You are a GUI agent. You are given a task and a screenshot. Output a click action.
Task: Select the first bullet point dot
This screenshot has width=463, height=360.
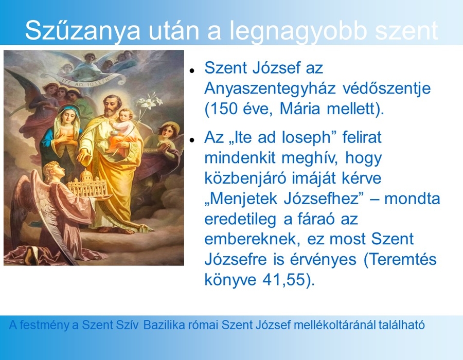pyautogui.click(x=192, y=71)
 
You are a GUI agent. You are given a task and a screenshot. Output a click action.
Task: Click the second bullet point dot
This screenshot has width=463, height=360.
pyautogui.click(x=192, y=140)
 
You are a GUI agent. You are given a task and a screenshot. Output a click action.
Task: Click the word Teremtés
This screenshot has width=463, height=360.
pyautogui.click(x=402, y=259)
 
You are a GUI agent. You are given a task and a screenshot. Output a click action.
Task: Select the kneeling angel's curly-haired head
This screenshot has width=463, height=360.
pyautogui.click(x=55, y=171)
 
